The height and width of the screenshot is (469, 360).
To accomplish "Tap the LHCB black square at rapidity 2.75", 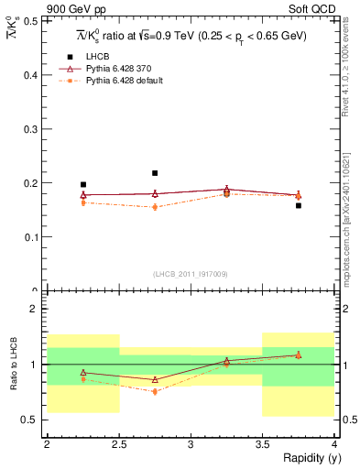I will (155, 173).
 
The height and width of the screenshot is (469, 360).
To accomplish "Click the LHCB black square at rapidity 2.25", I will (83, 184).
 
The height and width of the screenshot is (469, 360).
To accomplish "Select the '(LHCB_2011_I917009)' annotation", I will (190, 274).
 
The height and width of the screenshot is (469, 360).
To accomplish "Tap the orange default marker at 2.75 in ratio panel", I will (155, 391).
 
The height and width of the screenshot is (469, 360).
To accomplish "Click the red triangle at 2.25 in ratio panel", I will (83, 373).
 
